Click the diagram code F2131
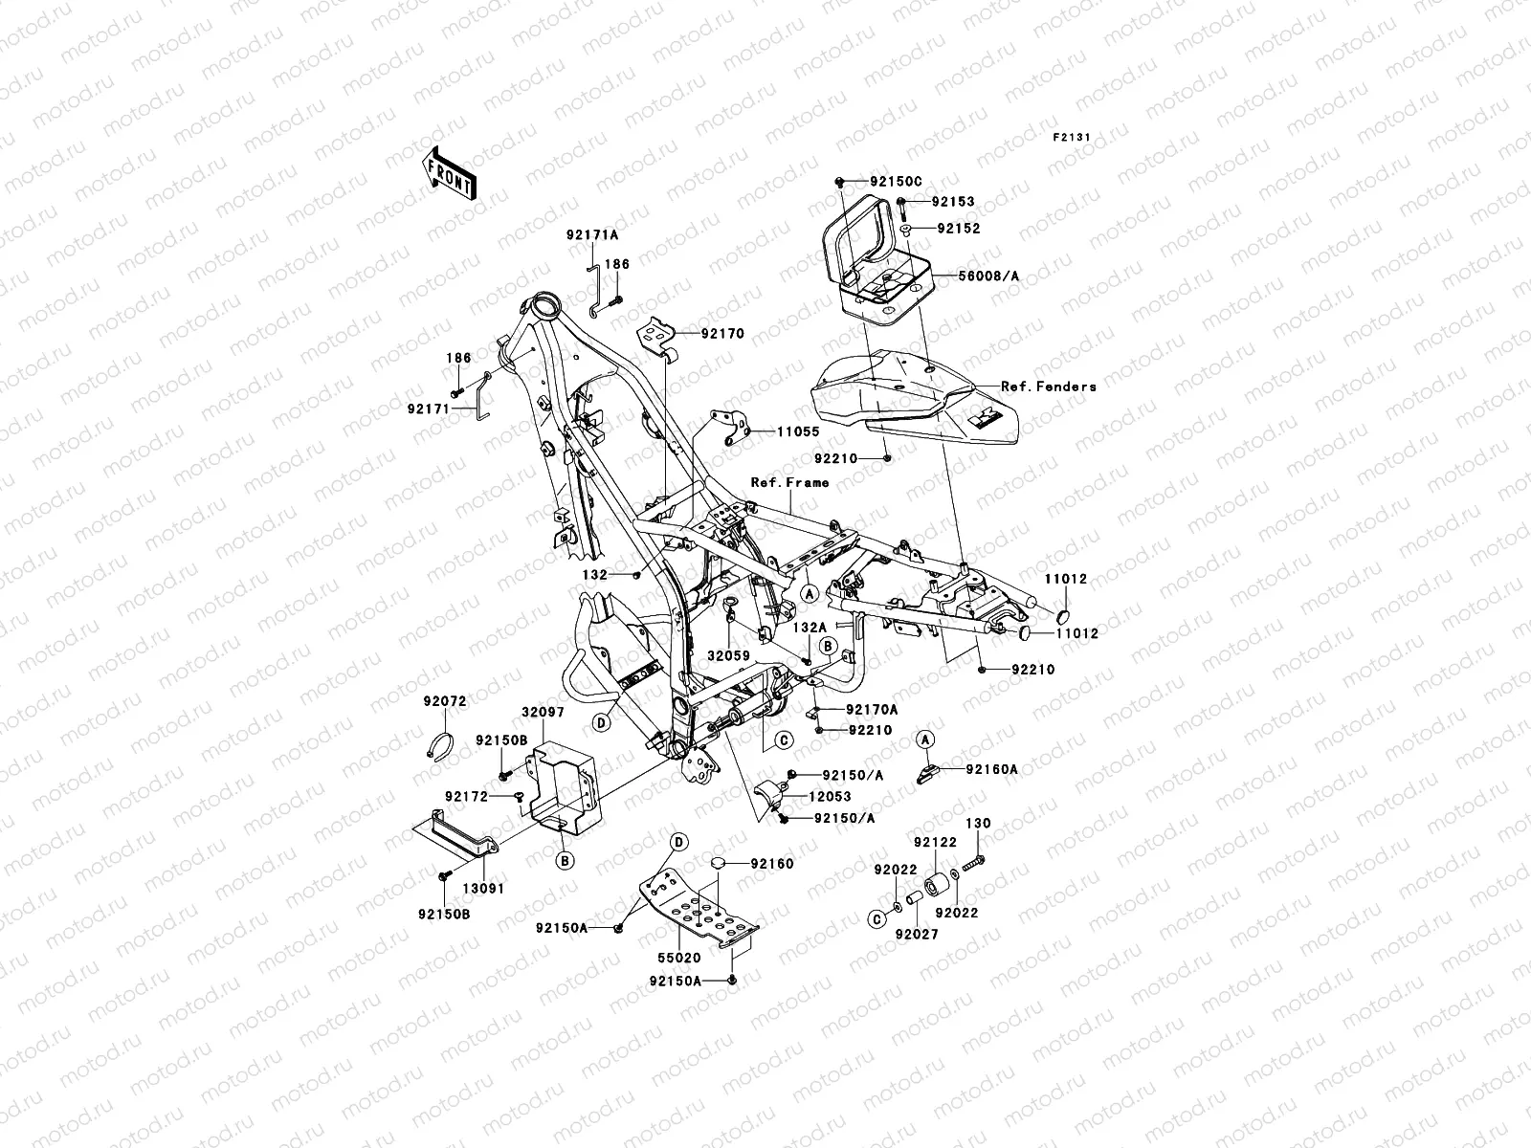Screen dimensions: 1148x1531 1073,138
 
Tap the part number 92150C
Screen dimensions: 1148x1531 922,181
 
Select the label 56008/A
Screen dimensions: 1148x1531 988,276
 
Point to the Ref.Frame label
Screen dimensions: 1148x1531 789,482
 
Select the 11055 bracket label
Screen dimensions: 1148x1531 797,432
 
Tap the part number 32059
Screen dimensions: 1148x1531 728,657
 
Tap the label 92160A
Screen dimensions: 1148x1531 991,768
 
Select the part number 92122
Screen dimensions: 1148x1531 935,843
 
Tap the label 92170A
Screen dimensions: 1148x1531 871,710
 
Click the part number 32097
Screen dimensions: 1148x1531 544,713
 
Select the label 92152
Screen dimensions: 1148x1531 931,229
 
